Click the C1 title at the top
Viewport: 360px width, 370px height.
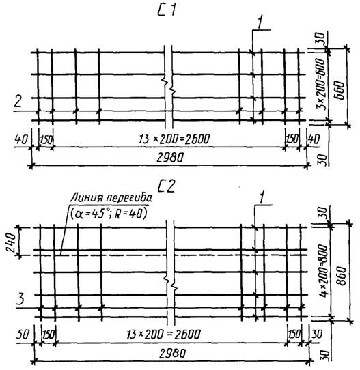point(167,11)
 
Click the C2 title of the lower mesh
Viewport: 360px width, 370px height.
point(167,186)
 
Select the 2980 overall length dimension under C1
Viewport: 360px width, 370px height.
point(170,158)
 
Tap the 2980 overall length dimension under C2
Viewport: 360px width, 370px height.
point(173,354)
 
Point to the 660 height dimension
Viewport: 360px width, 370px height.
point(340,90)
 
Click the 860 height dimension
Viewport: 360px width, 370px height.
point(342,276)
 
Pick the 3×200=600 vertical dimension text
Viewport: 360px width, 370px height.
point(320,84)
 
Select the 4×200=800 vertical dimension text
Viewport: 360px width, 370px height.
point(323,271)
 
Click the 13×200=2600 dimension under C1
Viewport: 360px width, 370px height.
point(174,139)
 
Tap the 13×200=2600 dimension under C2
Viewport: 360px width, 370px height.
point(163,335)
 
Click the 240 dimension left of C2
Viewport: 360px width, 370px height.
point(11,242)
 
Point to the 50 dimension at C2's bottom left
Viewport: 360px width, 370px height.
point(23,335)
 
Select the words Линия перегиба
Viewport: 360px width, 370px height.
point(111,198)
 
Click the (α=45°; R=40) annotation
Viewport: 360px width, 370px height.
point(109,214)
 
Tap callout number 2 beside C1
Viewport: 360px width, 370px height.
point(18,101)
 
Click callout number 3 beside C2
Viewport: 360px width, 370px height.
point(20,299)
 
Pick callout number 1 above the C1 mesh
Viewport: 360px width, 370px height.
point(260,23)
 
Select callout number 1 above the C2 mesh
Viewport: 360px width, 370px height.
point(262,197)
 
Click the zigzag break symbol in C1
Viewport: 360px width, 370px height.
point(168,85)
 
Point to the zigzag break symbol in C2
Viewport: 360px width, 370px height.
point(171,283)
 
